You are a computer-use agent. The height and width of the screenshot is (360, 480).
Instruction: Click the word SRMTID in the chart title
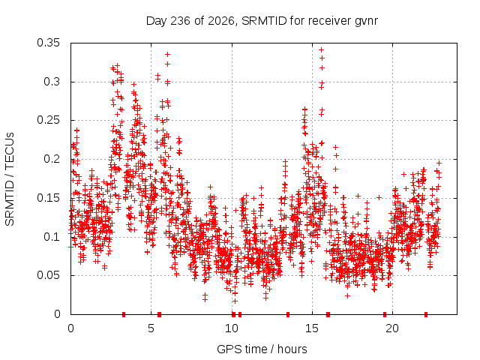pyautogui.click(x=264, y=21)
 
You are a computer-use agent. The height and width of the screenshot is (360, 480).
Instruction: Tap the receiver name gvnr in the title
pyautogui.click(x=366, y=22)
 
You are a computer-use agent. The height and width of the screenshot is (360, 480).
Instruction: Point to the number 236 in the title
pyautogui.click(x=180, y=21)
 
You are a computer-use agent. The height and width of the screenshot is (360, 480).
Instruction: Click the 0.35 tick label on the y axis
pyautogui.click(x=48, y=43)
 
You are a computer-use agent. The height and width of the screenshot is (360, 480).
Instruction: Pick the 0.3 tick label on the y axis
pyautogui.click(x=52, y=82)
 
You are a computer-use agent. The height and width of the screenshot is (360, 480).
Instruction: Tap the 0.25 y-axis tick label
pyautogui.click(x=48, y=120)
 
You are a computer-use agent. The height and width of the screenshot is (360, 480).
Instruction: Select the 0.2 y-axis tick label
pyautogui.click(x=52, y=159)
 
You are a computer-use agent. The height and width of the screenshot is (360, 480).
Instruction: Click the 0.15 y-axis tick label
pyautogui.click(x=48, y=198)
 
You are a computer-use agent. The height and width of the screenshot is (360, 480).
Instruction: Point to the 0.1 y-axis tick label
pyautogui.click(x=52, y=237)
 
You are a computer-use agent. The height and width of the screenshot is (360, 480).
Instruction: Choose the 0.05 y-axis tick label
pyautogui.click(x=48, y=275)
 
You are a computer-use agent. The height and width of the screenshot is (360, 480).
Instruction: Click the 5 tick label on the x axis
pyautogui.click(x=151, y=328)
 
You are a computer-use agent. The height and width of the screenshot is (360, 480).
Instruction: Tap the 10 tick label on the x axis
pyautogui.click(x=232, y=328)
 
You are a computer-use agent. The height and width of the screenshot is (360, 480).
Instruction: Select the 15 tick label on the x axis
pyautogui.click(x=312, y=328)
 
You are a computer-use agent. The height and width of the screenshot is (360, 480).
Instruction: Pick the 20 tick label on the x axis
pyautogui.click(x=392, y=328)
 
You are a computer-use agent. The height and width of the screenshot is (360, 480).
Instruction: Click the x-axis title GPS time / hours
pyautogui.click(x=262, y=349)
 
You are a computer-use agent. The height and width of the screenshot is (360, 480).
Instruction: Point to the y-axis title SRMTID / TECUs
pyautogui.click(x=10, y=179)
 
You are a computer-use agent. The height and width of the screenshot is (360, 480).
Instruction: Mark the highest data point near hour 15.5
pyautogui.click(x=322, y=49)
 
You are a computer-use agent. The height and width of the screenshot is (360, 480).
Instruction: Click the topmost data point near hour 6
pyautogui.click(x=167, y=55)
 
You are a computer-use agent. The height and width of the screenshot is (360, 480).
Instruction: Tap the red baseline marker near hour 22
pyautogui.click(x=426, y=314)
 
